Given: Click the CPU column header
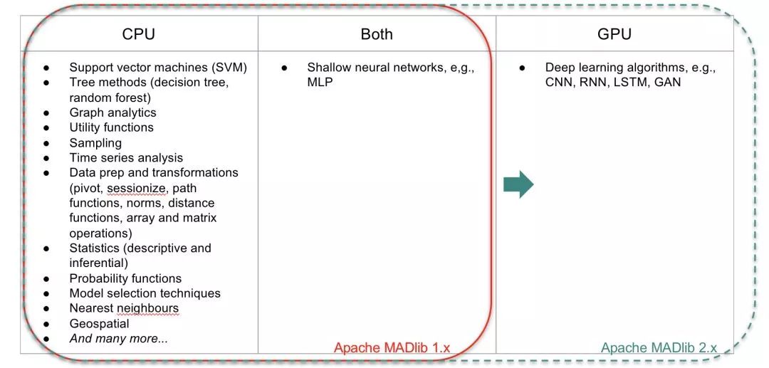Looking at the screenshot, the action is point(139,34).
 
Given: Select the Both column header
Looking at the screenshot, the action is point(377,34).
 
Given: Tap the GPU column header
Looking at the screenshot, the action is point(614,34).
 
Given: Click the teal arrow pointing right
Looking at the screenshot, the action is point(518,184).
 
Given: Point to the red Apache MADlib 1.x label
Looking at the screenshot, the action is point(392,348).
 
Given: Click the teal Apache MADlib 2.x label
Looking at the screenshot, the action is point(659,348).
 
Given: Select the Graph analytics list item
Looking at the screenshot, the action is point(113,112).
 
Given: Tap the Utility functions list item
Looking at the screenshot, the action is point(111,127).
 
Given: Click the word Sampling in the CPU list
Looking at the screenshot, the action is point(95,143).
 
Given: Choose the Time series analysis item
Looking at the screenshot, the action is point(126,158).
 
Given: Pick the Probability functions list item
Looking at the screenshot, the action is point(125,278).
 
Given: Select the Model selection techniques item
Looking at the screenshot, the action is point(145,293).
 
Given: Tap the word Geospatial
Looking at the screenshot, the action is point(100,324).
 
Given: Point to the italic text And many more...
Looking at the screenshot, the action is point(119,338).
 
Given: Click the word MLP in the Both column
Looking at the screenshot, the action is point(320,82).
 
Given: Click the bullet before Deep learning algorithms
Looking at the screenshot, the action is point(523,68).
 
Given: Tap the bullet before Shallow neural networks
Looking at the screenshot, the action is point(284,68).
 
